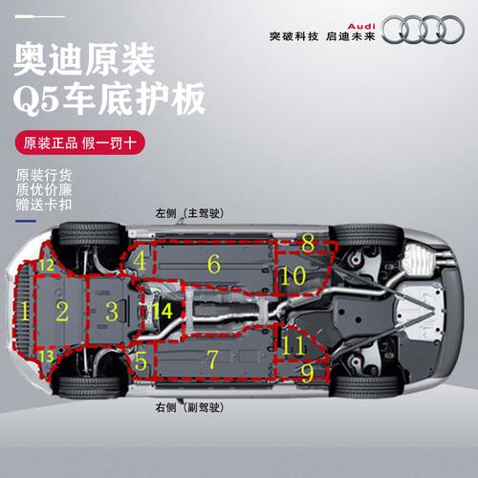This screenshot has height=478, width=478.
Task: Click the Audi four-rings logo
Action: [x=430, y=29]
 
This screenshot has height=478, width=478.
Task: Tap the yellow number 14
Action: [x=163, y=310]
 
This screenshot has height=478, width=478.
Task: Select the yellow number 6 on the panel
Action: [x=214, y=261]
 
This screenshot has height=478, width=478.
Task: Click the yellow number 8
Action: [x=308, y=243]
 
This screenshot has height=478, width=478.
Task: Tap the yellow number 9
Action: [x=307, y=370]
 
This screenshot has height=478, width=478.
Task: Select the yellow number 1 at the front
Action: [x=25, y=311]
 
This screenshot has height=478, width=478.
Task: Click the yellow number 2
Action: [x=62, y=311]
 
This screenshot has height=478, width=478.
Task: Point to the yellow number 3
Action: [x=113, y=311]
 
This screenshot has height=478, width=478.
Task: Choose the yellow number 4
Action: [x=140, y=259]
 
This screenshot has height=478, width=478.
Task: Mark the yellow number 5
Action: [x=141, y=360]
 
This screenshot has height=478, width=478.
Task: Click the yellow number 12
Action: [x=47, y=265]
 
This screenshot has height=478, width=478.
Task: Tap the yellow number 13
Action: [x=47, y=356]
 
